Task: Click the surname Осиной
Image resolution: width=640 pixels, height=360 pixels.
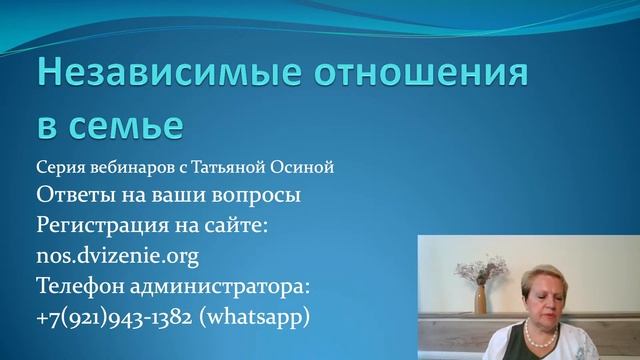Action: coord(306,167)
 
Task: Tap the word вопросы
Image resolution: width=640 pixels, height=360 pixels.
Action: coord(257,195)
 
